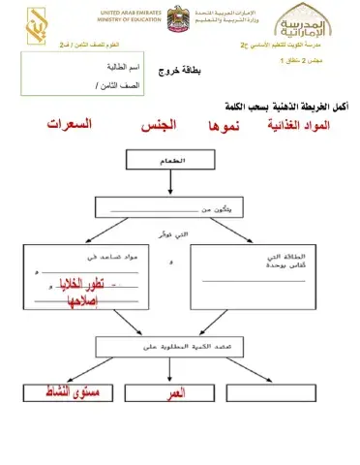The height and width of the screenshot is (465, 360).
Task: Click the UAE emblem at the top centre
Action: click(180, 19)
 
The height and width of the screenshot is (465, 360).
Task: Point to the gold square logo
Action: click(36, 21)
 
